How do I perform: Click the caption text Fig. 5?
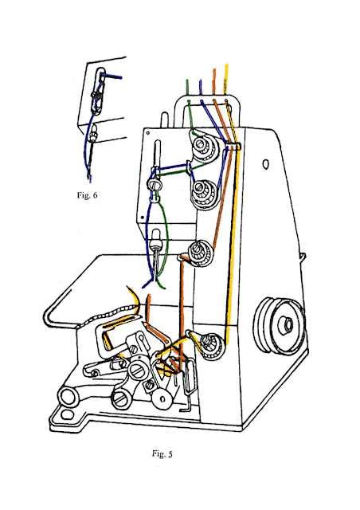[162, 454]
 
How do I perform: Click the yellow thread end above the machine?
[228, 67]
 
